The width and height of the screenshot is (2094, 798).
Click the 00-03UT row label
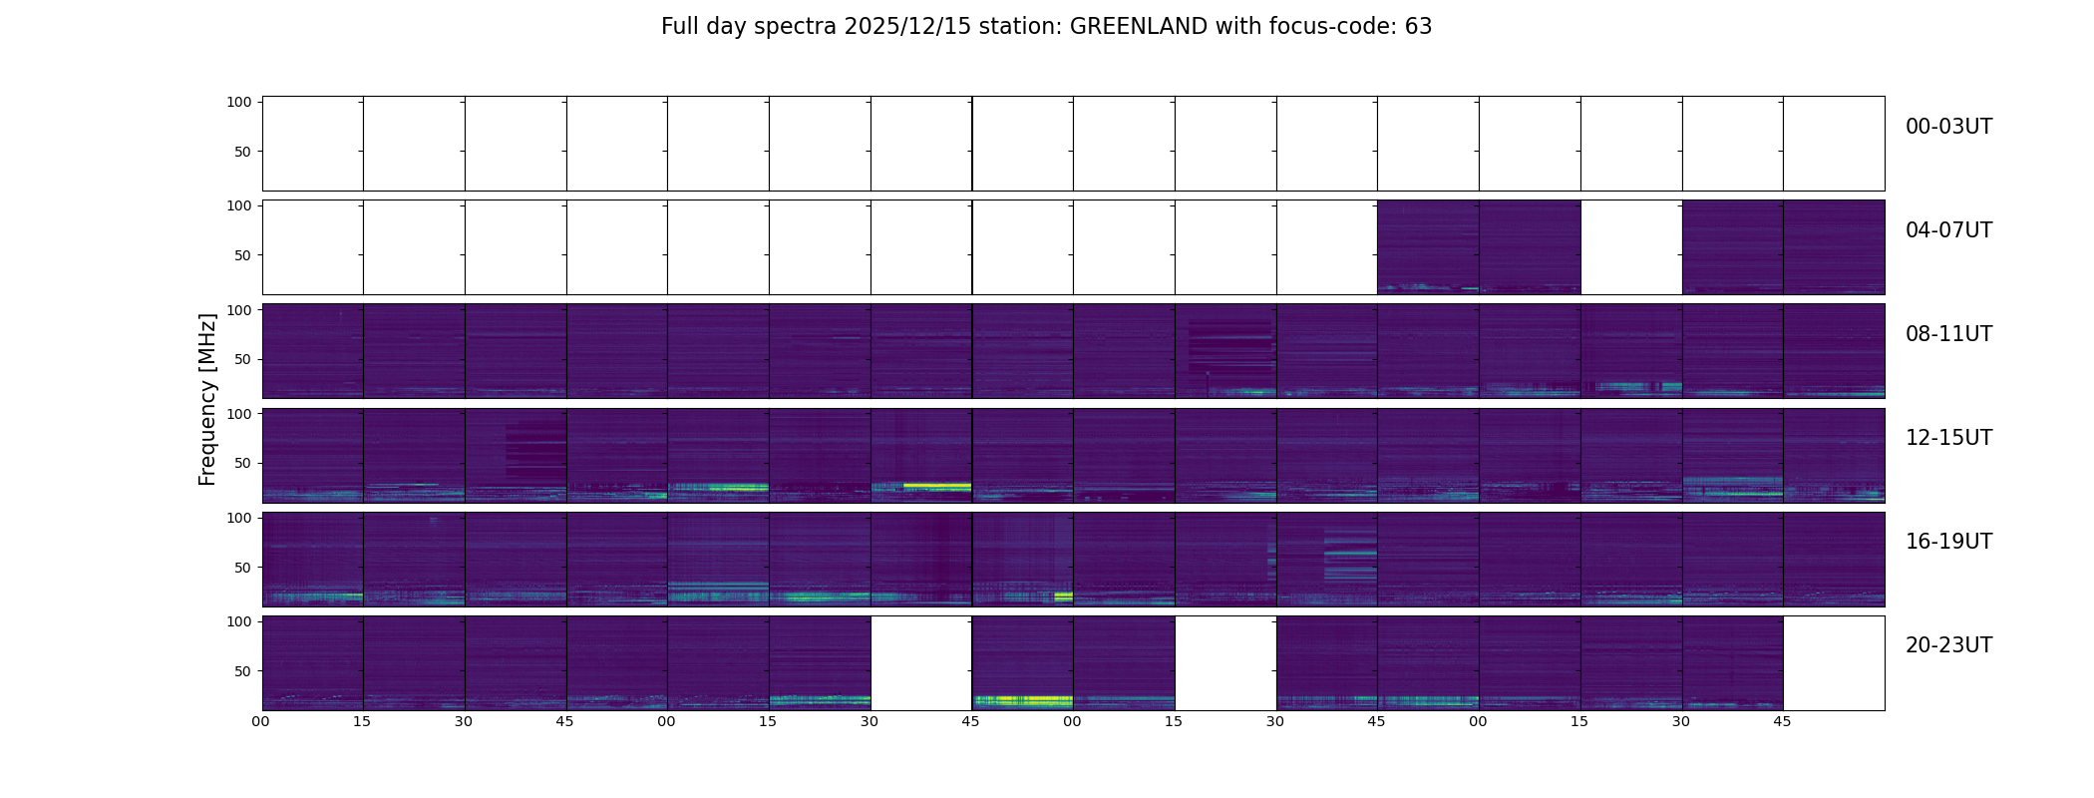click(1947, 127)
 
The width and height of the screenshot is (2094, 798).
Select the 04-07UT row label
click(1947, 230)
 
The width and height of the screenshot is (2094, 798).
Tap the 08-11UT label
click(1947, 334)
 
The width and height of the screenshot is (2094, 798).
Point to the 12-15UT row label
click(1947, 438)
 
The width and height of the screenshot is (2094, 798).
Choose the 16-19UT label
click(1947, 542)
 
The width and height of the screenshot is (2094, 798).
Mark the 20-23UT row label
click(1947, 645)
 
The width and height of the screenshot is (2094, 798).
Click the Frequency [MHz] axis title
click(207, 399)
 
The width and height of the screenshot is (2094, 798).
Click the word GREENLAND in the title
click(1138, 27)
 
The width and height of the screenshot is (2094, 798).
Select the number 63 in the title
click(1418, 27)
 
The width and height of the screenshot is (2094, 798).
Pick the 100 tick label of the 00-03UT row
click(238, 102)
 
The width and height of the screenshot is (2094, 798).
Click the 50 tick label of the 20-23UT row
click(242, 671)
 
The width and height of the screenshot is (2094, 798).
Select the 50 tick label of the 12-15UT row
click(242, 463)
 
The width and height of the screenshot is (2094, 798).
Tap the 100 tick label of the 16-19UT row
click(238, 518)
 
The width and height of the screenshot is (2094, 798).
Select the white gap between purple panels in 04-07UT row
click(1630, 246)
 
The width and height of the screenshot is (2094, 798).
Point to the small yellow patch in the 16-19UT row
click(1063, 597)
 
